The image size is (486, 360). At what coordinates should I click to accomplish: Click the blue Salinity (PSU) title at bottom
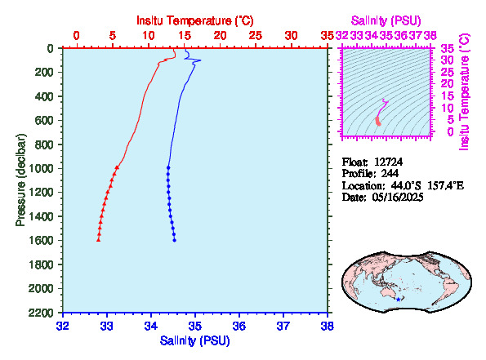[x=194, y=340]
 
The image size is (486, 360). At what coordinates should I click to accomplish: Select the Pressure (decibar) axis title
[x=20, y=180]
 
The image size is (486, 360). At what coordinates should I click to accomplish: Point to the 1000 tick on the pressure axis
[x=40, y=168]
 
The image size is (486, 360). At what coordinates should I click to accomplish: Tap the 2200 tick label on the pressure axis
[x=40, y=313]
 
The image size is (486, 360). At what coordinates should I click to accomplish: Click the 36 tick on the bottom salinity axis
[x=239, y=326]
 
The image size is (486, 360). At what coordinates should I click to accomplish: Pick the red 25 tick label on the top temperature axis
[x=256, y=36]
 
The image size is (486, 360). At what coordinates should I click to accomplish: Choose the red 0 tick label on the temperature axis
[x=76, y=36]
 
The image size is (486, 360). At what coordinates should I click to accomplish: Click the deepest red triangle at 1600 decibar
[x=98, y=239]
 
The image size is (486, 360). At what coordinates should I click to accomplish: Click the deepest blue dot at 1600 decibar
[x=175, y=240]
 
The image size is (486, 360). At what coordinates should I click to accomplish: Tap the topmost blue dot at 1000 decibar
[x=168, y=167]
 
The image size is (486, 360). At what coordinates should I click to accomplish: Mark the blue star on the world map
[x=399, y=300]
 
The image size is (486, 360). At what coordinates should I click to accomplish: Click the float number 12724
[x=388, y=162]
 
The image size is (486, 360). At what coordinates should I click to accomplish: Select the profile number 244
[x=390, y=173]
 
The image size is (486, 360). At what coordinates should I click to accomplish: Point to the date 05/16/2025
[x=398, y=197]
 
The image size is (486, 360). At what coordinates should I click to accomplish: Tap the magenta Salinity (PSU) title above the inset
[x=386, y=20]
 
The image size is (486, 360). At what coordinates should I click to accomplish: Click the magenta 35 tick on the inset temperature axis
[x=448, y=49]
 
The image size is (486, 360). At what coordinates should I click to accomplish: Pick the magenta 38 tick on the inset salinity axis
[x=430, y=36]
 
